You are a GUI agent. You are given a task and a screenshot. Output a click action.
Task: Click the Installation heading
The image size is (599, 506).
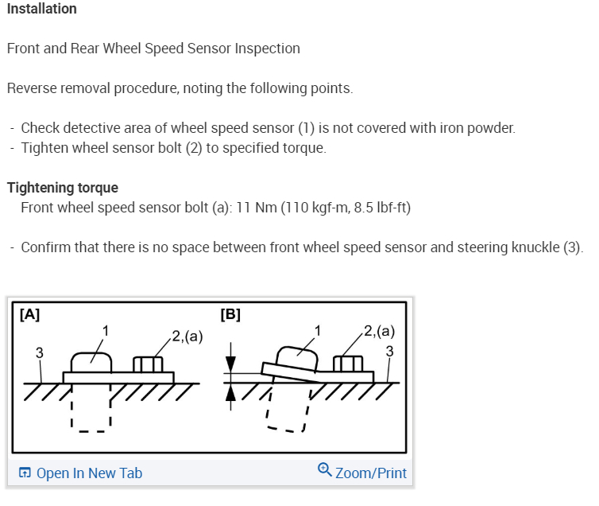[x=42, y=9]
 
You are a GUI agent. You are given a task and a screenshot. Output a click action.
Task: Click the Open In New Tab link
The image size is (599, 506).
[x=89, y=473]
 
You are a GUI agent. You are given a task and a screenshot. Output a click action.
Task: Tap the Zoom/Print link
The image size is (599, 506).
[x=371, y=473]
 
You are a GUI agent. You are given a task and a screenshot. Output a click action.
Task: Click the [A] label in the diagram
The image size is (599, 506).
[x=29, y=314]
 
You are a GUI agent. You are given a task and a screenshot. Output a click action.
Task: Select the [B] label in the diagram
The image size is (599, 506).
[x=230, y=314]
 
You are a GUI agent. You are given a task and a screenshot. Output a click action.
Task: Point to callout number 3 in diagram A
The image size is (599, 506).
[x=40, y=352]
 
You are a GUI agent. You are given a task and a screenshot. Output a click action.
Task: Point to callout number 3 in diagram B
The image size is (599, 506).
[x=388, y=351]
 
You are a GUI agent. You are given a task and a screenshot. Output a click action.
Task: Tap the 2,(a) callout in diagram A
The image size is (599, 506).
[x=187, y=336]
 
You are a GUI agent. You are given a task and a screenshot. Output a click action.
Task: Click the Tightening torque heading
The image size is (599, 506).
[x=63, y=188]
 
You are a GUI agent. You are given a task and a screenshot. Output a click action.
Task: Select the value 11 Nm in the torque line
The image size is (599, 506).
[x=255, y=208]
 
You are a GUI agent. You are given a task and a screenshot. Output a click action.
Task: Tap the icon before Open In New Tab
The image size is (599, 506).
[x=25, y=473]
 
